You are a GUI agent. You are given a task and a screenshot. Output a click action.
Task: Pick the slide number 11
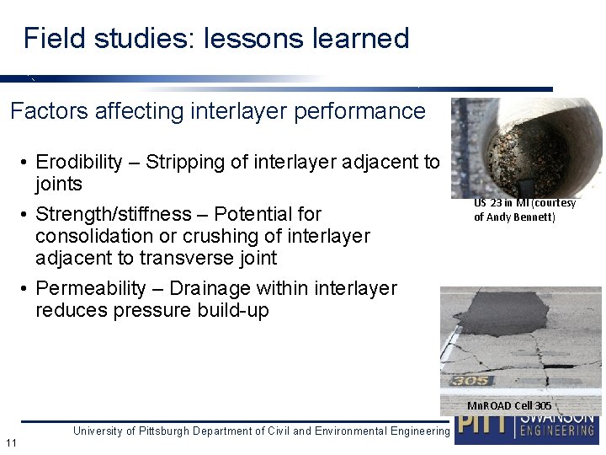click(x=11, y=443)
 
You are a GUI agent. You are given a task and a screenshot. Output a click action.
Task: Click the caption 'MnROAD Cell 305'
click(x=509, y=405)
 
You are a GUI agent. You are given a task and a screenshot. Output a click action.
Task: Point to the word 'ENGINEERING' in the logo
click(x=556, y=431)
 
